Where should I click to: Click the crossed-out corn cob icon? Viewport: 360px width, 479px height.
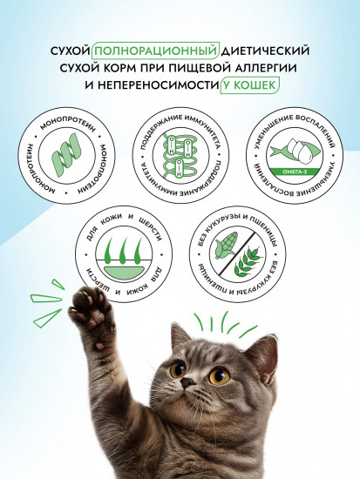point(223,245)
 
